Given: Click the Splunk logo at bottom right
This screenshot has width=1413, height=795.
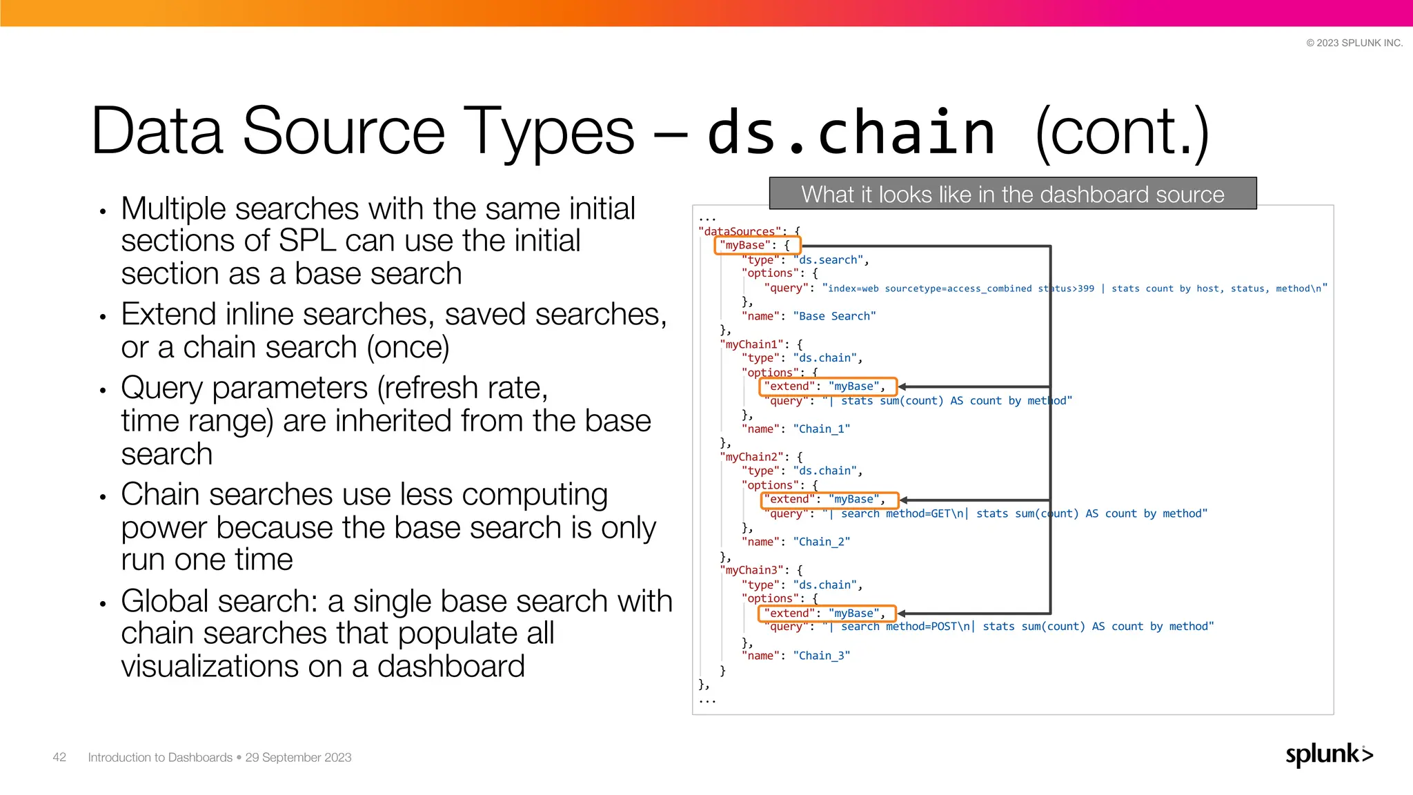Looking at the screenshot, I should point(1329,754).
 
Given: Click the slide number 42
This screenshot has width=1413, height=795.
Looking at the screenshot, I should point(59,757).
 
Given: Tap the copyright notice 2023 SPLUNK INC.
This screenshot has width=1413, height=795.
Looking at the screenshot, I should point(1354,43).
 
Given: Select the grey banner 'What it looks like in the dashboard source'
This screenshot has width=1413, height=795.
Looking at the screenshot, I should point(1012,194).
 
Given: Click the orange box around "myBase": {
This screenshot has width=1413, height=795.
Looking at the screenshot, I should point(757,245).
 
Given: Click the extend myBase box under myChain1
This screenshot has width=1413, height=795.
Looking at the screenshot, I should point(827,386).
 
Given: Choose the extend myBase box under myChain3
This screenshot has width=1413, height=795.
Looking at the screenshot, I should point(827,613).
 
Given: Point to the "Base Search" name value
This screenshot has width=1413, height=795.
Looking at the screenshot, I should point(834,316).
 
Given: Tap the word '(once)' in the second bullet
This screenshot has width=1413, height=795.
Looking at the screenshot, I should point(408,347).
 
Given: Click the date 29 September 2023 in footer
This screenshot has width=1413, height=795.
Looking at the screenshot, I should point(298,757).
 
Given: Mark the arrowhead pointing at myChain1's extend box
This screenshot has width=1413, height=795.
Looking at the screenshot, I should point(902,386).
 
